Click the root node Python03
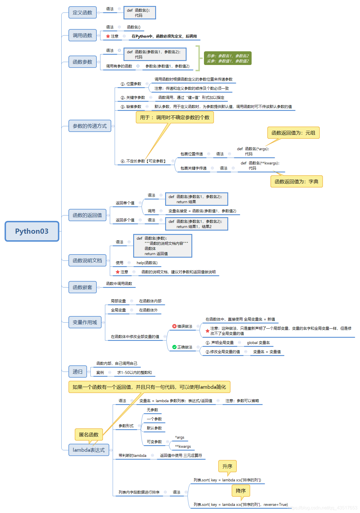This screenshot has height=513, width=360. (x=32, y=231)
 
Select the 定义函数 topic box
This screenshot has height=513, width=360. (x=82, y=13)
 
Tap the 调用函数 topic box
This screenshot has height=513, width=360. (x=82, y=35)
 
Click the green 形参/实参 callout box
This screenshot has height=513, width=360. (x=228, y=58)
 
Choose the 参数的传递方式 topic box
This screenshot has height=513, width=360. (x=90, y=126)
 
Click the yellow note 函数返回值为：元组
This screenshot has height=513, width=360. (x=293, y=133)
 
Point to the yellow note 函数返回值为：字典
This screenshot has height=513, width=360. (x=296, y=182)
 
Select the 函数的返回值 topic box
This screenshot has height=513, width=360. (x=87, y=215)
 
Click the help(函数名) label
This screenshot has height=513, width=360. (x=147, y=263)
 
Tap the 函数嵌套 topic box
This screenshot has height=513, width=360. (x=82, y=287)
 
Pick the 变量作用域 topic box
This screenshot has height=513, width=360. (x=85, y=322)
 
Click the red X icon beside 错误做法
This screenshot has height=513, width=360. (x=174, y=326)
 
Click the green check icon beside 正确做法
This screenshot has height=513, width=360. (x=174, y=347)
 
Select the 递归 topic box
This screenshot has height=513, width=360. (x=78, y=372)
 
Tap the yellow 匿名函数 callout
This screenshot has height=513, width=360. (x=89, y=435)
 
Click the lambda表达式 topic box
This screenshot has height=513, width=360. (x=89, y=450)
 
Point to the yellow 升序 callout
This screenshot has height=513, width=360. (x=227, y=466)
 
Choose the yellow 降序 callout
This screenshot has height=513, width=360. (x=241, y=491)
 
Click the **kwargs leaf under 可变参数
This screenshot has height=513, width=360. (x=183, y=447)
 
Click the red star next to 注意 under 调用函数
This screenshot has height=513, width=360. (x=108, y=36)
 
